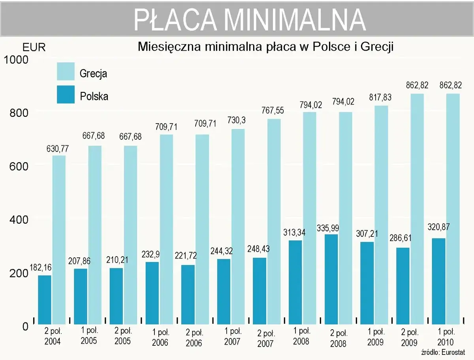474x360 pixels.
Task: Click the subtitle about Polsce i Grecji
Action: (266, 47)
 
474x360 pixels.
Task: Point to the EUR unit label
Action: (34, 48)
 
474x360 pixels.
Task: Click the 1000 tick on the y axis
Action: (17, 60)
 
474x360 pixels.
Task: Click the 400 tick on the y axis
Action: (19, 219)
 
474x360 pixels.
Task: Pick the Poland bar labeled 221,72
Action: (188, 294)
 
